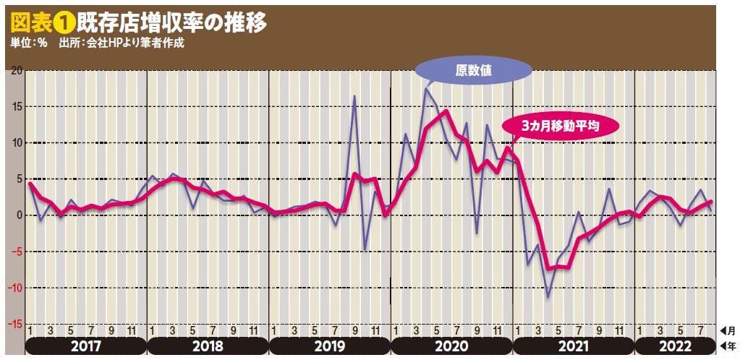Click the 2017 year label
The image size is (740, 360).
point(86,346)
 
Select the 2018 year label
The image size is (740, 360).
point(208,346)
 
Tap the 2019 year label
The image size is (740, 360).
point(329,346)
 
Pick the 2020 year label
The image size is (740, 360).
point(451,346)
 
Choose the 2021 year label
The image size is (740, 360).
point(572,346)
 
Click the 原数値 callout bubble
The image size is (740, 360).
point(474,70)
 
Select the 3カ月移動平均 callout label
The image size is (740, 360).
point(561,125)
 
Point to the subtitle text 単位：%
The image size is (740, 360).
point(29,43)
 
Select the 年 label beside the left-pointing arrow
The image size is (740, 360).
point(732,346)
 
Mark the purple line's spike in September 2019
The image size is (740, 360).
point(354,96)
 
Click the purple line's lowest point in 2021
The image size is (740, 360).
point(548,296)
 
